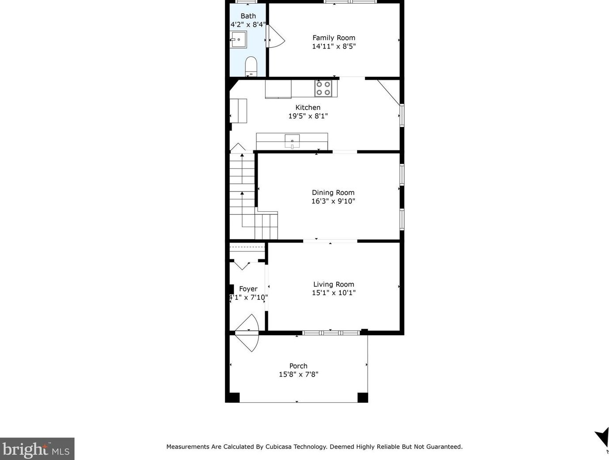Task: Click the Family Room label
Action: pyautogui.click(x=334, y=38)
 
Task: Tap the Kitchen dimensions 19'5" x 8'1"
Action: pyautogui.click(x=308, y=116)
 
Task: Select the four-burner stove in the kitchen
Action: pyautogui.click(x=323, y=89)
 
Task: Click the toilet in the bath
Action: pyautogui.click(x=251, y=66)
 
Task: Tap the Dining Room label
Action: pyautogui.click(x=333, y=192)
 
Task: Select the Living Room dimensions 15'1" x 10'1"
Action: pyautogui.click(x=334, y=292)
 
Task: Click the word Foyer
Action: pyautogui.click(x=248, y=288)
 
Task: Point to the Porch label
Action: pyautogui.click(x=298, y=366)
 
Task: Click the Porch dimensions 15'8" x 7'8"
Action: pyautogui.click(x=298, y=374)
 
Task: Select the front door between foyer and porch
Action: pyautogui.click(x=248, y=333)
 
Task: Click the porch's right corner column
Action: pyautogui.click(x=363, y=397)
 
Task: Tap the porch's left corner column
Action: pyautogui.click(x=233, y=397)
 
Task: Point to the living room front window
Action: pyautogui.click(x=331, y=333)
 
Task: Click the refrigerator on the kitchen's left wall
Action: pyautogui.click(x=238, y=111)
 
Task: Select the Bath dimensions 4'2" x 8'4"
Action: pyautogui.click(x=248, y=25)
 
